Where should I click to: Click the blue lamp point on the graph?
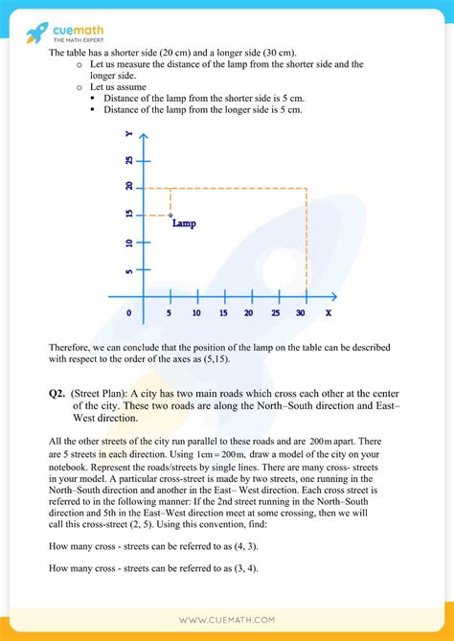[x=170, y=215]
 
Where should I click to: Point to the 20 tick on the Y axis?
[x=128, y=188]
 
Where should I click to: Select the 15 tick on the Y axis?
[x=128, y=216]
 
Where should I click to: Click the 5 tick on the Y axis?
[x=128, y=271]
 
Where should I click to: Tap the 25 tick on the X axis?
[x=276, y=313]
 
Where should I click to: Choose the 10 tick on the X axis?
[x=196, y=313]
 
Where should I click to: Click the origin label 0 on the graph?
[x=129, y=313]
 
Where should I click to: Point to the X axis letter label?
[x=329, y=312]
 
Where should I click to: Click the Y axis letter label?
[x=128, y=138]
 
